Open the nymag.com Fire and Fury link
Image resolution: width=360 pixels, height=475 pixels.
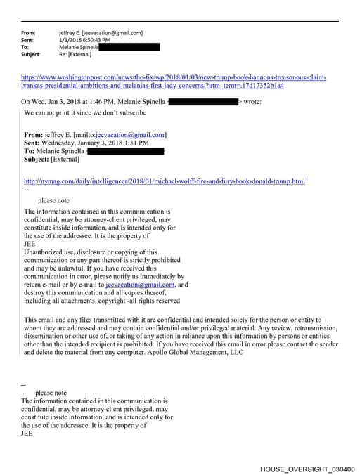click(165, 181)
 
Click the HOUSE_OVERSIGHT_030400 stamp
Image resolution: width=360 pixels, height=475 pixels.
click(307, 469)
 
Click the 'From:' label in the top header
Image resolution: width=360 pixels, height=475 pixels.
click(28, 33)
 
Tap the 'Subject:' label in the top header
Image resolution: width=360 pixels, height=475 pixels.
click(31, 54)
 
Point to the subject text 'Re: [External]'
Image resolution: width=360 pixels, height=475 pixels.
click(79, 54)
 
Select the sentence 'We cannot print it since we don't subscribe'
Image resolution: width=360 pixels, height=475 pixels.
click(85, 112)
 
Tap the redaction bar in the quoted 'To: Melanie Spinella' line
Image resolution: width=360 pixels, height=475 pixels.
click(125, 151)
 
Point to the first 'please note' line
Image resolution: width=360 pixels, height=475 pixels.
click(53, 200)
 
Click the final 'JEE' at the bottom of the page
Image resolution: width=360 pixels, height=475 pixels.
click(28, 434)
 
